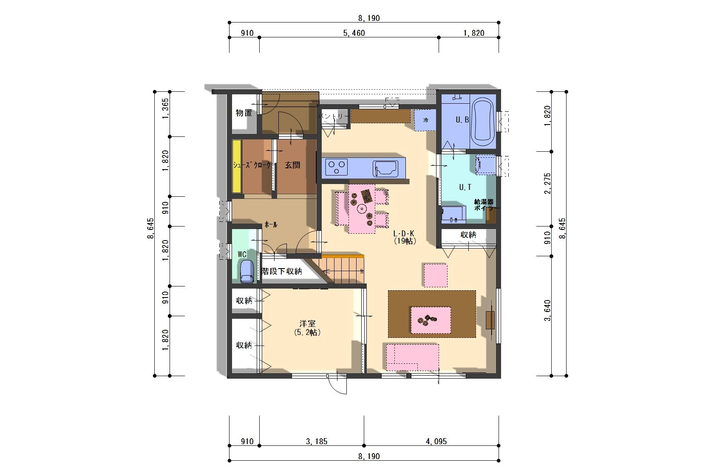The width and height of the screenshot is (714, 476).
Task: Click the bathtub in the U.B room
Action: click(483, 122)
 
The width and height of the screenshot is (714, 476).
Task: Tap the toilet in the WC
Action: click(246, 271)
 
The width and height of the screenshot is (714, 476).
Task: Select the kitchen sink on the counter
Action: click(385, 168)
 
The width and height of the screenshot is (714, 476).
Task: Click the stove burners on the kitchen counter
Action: click(337, 167)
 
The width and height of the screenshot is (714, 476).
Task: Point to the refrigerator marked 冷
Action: click(425, 120)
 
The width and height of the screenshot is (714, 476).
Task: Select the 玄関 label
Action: click(292, 165)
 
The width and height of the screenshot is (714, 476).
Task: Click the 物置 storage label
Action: click(244, 113)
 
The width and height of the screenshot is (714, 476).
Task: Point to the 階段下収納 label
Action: click(281, 271)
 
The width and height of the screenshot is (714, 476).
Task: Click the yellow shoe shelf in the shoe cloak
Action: click(236, 167)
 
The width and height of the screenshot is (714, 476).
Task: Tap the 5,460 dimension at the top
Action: click(354, 33)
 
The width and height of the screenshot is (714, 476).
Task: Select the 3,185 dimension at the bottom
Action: click(317, 442)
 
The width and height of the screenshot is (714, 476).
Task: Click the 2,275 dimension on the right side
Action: click(547, 183)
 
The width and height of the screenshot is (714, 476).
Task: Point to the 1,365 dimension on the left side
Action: click(165, 108)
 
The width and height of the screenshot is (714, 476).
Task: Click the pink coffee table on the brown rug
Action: click(431, 320)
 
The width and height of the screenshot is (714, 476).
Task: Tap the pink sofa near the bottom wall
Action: click(412, 357)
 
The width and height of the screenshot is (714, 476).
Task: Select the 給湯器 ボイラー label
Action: click(485, 205)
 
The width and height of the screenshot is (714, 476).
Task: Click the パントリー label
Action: click(334, 116)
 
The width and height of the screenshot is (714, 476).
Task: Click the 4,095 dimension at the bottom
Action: click(436, 442)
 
